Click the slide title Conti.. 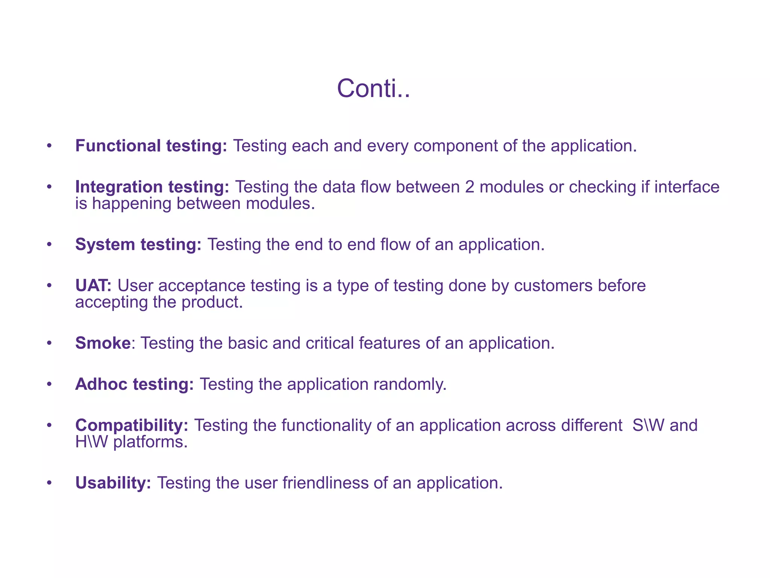click(x=373, y=89)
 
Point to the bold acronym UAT click(x=93, y=286)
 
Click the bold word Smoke click(x=103, y=343)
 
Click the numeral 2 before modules click(x=470, y=187)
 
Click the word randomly click(x=409, y=384)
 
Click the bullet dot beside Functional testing click(x=49, y=146)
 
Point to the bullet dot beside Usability click(x=49, y=483)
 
